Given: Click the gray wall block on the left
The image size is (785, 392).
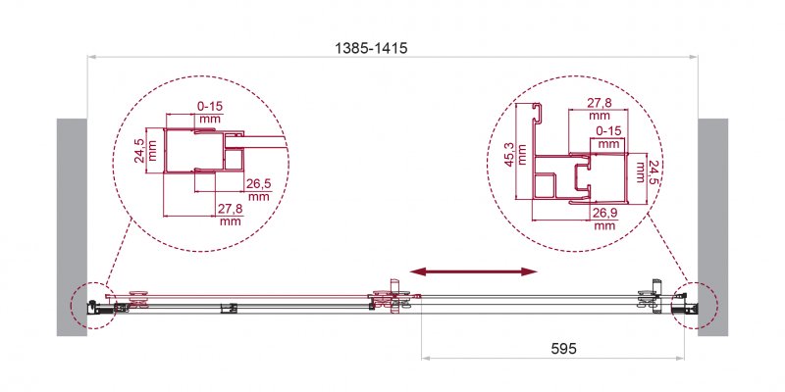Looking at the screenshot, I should pyautogui.click(x=72, y=226).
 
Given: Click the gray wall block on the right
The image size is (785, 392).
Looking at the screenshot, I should pyautogui.click(x=713, y=226).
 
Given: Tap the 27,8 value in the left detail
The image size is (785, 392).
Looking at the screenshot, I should pyautogui.click(x=232, y=208).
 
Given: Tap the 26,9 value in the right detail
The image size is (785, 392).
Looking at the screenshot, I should pyautogui.click(x=605, y=212).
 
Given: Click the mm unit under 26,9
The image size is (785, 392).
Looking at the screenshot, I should pyautogui.click(x=605, y=225).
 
